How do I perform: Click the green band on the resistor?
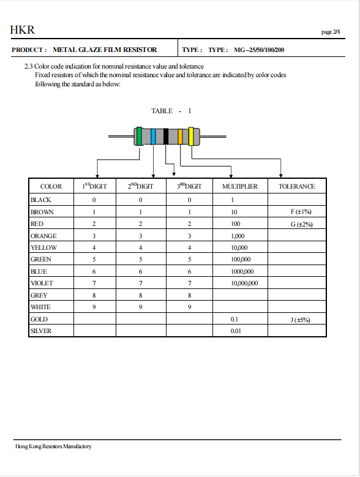(140, 136)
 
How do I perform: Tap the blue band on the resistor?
(152, 137)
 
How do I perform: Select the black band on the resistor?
(165, 137)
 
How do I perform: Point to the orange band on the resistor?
(180, 137)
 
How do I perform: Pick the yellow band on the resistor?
(191, 136)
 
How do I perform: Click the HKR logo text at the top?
(22, 29)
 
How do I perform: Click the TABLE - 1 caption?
(171, 111)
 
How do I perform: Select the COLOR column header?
(51, 186)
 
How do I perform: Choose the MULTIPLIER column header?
(239, 186)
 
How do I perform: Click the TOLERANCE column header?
(296, 186)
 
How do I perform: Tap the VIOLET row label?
(42, 284)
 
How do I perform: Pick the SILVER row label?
(42, 331)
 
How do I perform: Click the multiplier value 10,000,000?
(244, 284)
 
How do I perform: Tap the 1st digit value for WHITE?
(94, 307)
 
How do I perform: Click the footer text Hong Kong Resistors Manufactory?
(53, 446)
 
